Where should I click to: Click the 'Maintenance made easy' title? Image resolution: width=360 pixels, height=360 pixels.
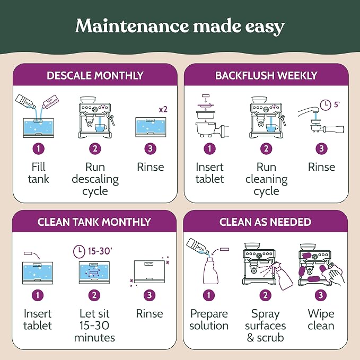click(180, 27)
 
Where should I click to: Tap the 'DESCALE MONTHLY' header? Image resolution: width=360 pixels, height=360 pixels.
click(95, 75)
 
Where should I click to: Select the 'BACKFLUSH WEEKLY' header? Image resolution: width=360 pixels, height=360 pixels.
click(266, 75)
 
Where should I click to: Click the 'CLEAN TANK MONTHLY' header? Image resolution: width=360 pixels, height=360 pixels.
click(94, 222)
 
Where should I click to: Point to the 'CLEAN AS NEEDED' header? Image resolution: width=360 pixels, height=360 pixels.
click(265, 222)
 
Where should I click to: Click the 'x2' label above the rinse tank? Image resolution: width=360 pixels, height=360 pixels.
click(163, 110)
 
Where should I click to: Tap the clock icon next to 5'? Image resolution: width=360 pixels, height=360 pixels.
click(326, 105)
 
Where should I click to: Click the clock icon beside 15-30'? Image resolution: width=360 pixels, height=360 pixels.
click(79, 251)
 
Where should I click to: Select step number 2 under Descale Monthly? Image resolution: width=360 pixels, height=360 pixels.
click(95, 148)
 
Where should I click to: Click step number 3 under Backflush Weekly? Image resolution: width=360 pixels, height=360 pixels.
click(321, 148)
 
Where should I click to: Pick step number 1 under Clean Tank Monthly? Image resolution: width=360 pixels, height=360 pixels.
click(38, 295)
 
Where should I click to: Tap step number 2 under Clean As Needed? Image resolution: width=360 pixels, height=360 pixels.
click(266, 295)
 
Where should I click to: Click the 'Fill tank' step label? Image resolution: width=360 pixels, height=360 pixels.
click(38, 173)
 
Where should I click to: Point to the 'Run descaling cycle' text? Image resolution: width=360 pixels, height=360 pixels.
click(95, 179)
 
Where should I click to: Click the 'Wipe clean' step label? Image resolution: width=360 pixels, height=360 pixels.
click(321, 320)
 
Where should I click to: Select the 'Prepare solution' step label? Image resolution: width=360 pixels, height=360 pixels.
click(209, 320)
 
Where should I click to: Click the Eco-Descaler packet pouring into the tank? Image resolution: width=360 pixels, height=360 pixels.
click(50, 102)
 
